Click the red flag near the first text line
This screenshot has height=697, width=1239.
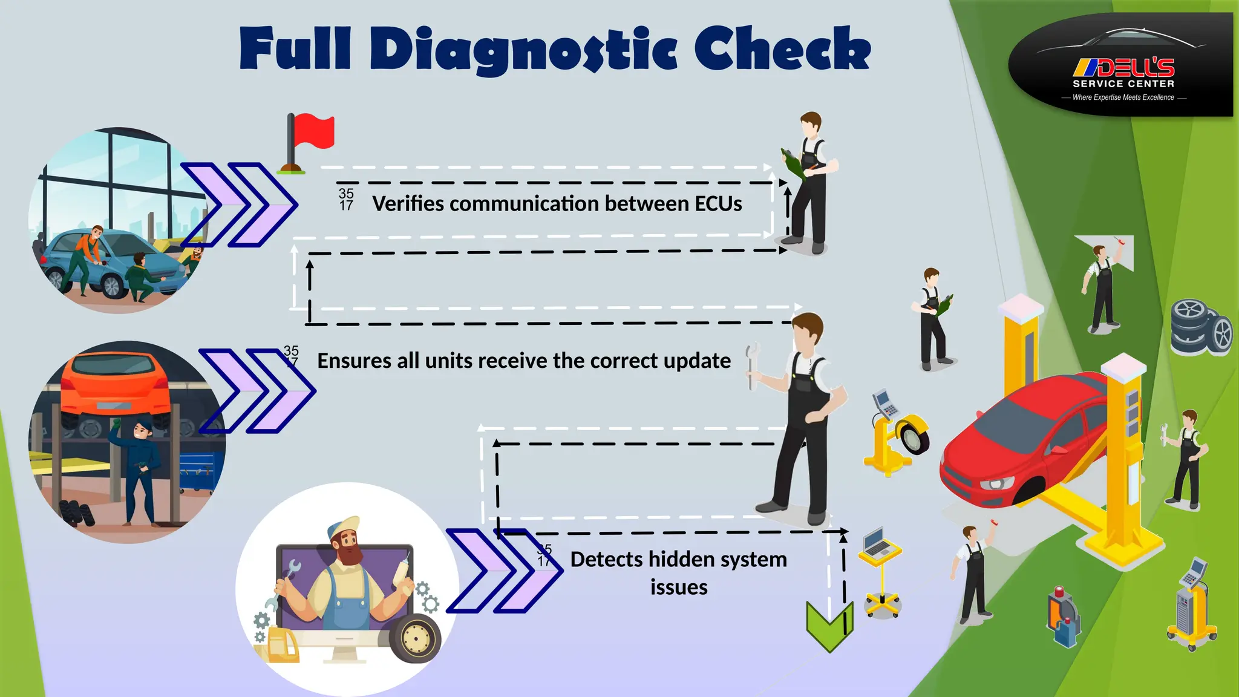pos(313,132)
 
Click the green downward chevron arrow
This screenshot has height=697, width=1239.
pos(829,627)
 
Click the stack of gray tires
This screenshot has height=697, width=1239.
pos(1200,327)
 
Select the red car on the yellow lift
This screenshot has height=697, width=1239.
pos(1022,442)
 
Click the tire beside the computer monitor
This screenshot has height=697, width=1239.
pos(416,638)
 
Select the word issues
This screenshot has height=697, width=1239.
pos(679,587)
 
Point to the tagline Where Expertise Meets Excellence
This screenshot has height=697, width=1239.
pos(1123,97)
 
